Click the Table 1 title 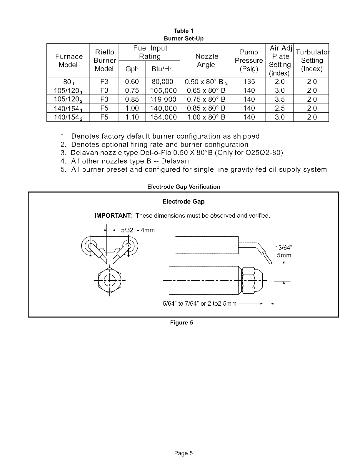tap(184, 31)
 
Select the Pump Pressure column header tap(249, 60)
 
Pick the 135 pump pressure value tap(249, 81)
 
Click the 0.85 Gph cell tap(132, 99)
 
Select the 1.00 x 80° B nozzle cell tap(206, 117)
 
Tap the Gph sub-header tap(132, 69)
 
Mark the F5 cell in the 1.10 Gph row tap(104, 117)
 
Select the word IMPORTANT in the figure tap(113, 216)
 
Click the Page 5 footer tap(183, 453)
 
